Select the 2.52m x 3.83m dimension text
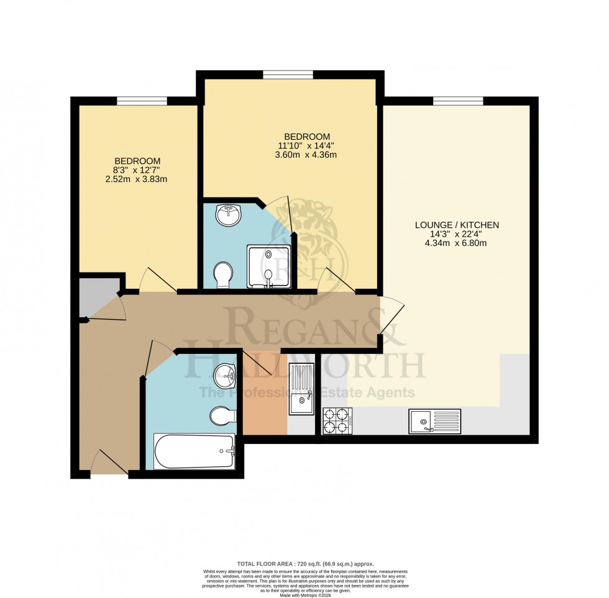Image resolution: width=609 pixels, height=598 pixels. (137, 179)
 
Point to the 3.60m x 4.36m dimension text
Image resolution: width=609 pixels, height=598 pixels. (307, 155)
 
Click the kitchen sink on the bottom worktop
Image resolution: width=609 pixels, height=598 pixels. (434, 421)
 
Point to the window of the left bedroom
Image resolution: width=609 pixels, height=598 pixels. (142, 101)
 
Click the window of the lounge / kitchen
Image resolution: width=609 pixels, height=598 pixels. (458, 101)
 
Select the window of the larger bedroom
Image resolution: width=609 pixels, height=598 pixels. (287, 75)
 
